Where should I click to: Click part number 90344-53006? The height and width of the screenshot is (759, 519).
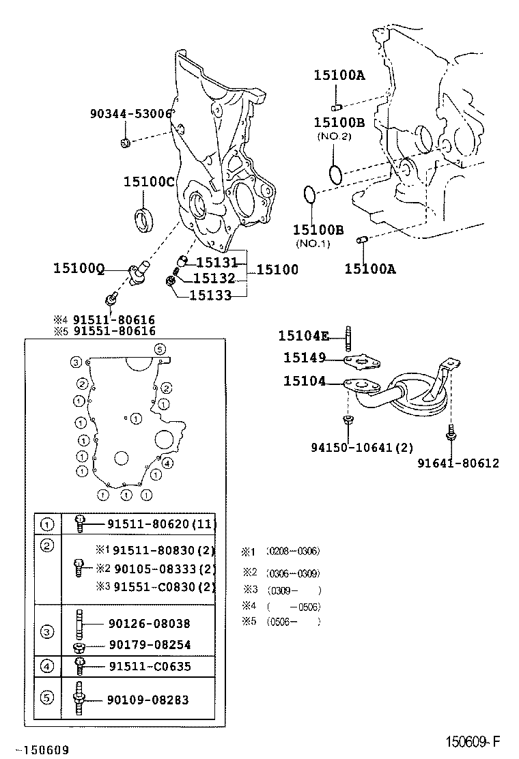pos(130,114)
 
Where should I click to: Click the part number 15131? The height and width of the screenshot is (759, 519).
pos(216,262)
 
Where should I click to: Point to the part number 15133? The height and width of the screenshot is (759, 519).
pos(210,295)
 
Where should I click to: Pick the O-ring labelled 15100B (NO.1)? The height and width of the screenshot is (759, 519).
pos(309,195)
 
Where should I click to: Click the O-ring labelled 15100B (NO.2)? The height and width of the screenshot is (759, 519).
pos(335,173)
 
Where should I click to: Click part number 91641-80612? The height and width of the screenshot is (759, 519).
pos(458,463)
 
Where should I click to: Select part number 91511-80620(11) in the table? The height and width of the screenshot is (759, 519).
pos(161,524)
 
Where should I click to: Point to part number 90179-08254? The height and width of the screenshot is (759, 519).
pos(149,644)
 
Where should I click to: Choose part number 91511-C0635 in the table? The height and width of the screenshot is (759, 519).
pos(149,666)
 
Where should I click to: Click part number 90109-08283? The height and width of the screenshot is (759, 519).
pos(148,700)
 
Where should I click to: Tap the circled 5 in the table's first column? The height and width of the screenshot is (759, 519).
pos(47,697)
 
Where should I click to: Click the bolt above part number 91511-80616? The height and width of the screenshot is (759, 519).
pos(109,300)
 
